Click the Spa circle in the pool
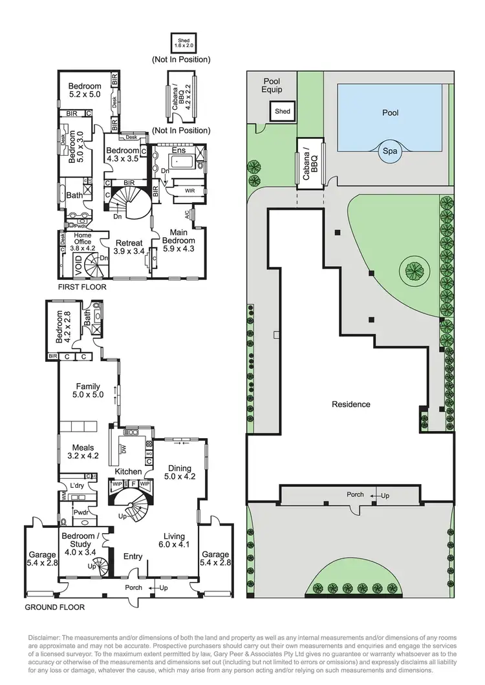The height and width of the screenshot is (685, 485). tap(391, 151)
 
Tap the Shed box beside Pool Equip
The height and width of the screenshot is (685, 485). tap(283, 111)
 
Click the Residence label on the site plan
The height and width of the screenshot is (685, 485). tap(351, 405)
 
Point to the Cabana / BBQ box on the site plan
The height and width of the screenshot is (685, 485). tap(310, 163)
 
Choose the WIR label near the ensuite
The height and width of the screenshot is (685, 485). tap(189, 191)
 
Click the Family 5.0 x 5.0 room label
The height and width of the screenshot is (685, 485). tap(89, 390)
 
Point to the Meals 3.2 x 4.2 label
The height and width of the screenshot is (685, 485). tap(83, 452)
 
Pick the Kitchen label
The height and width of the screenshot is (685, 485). tap(128, 472)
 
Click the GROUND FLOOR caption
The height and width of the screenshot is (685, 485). tap(55, 607)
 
